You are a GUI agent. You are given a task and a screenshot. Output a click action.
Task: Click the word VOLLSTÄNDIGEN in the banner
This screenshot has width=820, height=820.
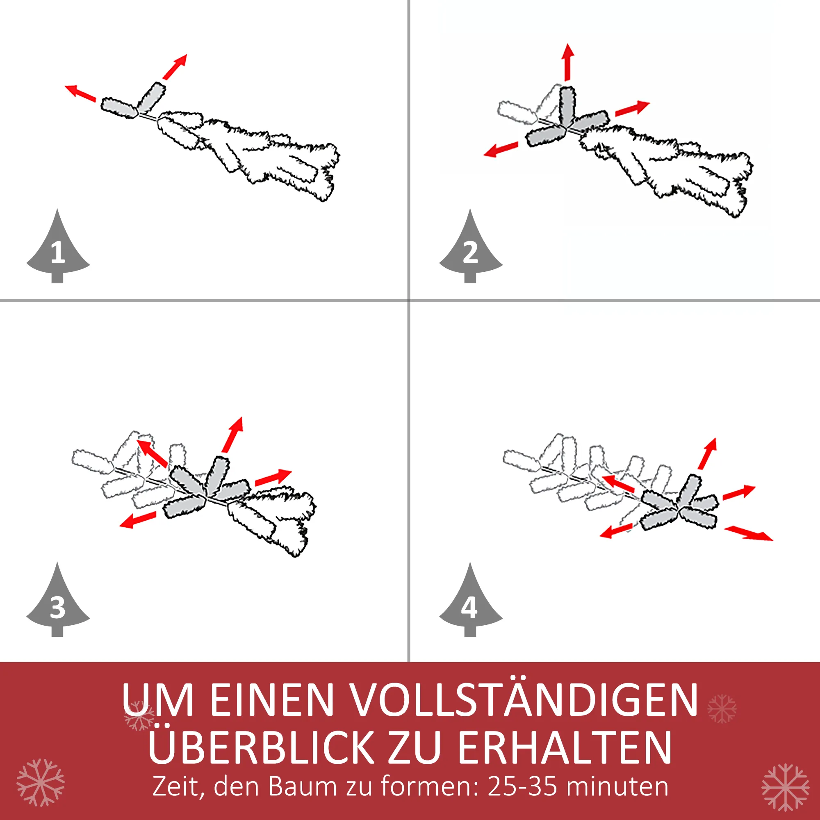click(x=525, y=698)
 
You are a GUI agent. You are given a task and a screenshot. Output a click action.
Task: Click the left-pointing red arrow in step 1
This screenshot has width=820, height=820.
click(x=80, y=93)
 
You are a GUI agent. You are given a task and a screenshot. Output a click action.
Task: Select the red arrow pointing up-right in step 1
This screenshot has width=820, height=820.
click(x=174, y=67)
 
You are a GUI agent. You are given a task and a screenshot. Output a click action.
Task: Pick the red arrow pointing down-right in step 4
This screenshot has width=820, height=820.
click(x=749, y=533)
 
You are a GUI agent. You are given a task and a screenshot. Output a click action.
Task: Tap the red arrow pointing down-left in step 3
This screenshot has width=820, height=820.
click(x=138, y=519)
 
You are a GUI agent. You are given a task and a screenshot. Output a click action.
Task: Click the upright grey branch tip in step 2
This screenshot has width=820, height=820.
click(x=567, y=106)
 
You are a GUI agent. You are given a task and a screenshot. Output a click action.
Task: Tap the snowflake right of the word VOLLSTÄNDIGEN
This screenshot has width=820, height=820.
click(x=722, y=708)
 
